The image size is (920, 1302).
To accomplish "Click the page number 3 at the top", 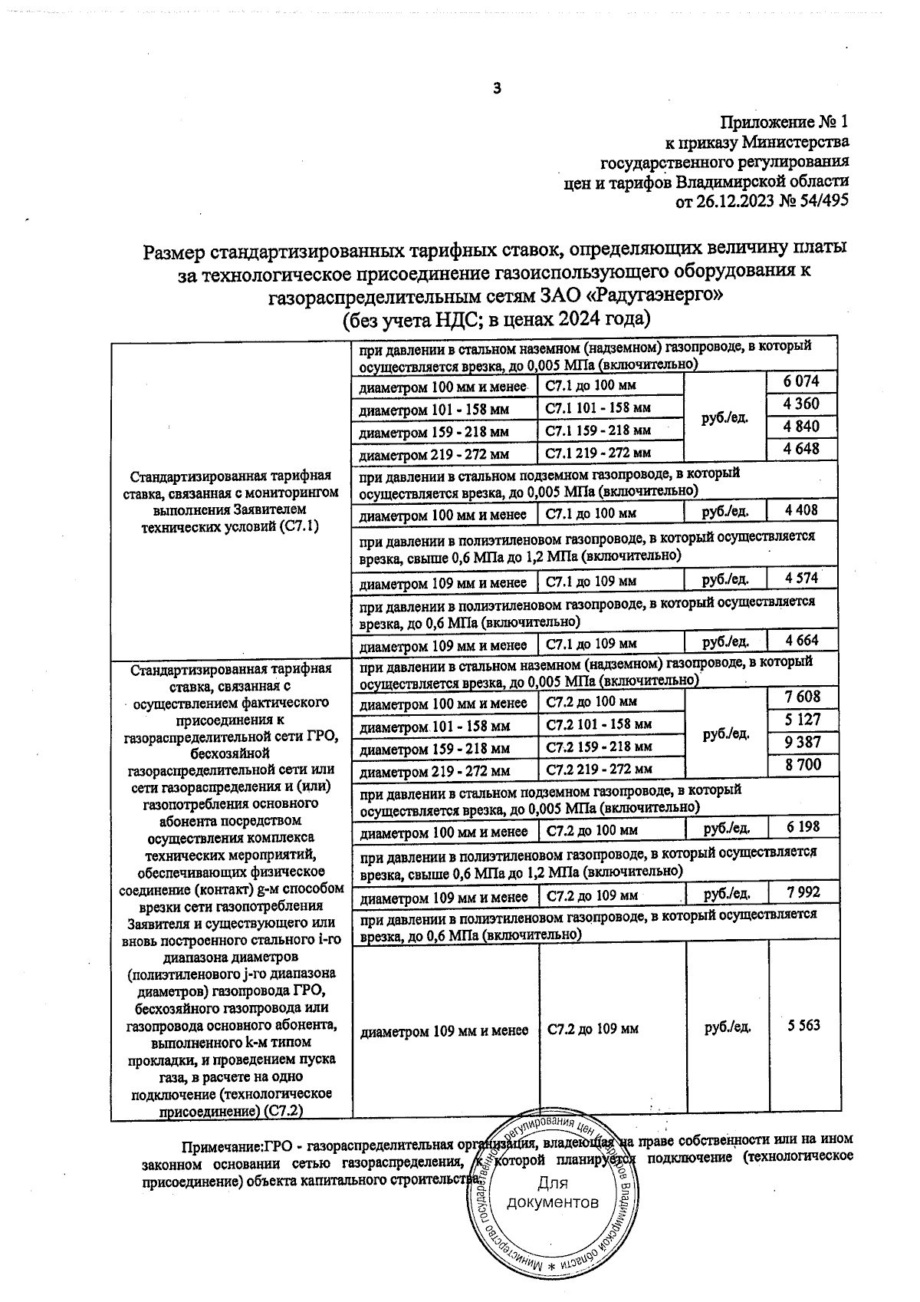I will point(497,89).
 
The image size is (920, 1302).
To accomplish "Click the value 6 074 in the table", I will point(802,381).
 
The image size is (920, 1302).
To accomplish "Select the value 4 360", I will point(802,404).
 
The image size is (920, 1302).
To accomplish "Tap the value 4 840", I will point(802,426).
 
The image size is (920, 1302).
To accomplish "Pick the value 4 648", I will point(802,448).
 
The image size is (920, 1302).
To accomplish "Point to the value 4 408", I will point(802,509).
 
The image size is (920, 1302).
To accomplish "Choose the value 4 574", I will point(802,577).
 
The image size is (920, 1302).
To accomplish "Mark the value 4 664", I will point(802,640).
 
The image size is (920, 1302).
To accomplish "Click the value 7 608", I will point(803,697).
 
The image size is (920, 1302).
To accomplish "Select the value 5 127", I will point(803,719).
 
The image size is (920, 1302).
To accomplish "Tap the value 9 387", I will point(803,742).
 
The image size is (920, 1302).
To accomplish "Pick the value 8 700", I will point(803,764).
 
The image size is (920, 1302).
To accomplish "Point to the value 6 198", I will point(803,826).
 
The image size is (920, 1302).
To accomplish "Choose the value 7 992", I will point(803,892).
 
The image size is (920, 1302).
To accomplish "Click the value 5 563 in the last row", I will point(803,1026).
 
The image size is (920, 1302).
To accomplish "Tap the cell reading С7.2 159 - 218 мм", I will point(599,746).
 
